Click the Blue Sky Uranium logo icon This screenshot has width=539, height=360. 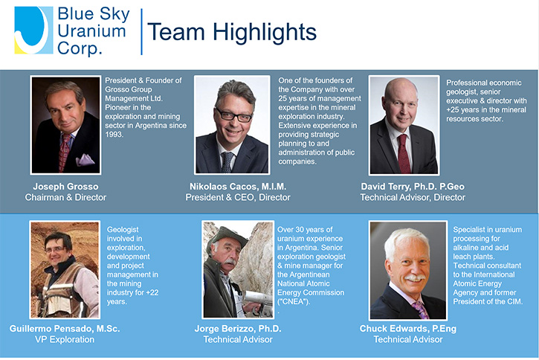(x=33, y=30)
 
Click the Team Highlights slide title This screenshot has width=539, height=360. (x=232, y=32)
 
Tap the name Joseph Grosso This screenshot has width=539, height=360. (x=65, y=187)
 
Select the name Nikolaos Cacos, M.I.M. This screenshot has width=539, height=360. (x=238, y=187)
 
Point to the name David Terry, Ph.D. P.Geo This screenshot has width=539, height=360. (x=413, y=187)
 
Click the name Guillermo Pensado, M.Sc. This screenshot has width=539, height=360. (x=65, y=329)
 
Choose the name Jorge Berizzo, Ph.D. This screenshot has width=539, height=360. (x=238, y=329)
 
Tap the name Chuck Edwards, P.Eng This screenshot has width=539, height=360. (x=408, y=329)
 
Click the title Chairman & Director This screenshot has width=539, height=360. (x=65, y=197)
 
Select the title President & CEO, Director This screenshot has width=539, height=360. (x=238, y=197)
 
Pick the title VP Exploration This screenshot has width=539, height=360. (x=65, y=340)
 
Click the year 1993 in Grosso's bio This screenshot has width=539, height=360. (x=114, y=135)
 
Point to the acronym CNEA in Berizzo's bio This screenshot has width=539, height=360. (x=294, y=302)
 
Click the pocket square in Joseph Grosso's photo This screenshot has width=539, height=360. (x=85, y=159)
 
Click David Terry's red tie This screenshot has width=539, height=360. (x=404, y=153)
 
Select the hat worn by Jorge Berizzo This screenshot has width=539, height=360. (x=226, y=237)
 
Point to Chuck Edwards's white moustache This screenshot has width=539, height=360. (x=416, y=277)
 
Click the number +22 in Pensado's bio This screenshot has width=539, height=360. (x=152, y=293)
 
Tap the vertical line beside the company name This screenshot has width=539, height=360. (x=141, y=32)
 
